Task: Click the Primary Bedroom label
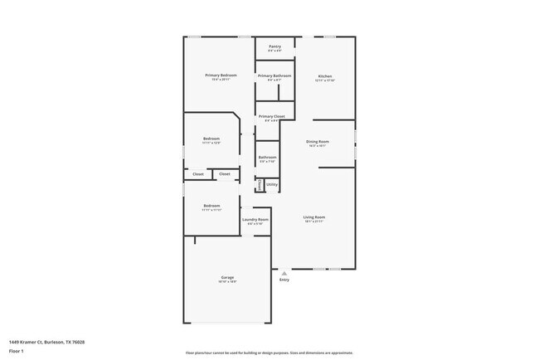(x=221, y=75)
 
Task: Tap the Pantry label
(x=274, y=46)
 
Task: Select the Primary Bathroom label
(x=274, y=75)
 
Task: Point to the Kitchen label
(x=325, y=75)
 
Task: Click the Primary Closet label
(x=271, y=116)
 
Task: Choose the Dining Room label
(x=318, y=141)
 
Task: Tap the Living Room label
(x=313, y=216)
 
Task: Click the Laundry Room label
(x=255, y=220)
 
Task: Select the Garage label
(x=227, y=277)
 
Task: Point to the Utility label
(x=272, y=184)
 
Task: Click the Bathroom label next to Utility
(x=267, y=157)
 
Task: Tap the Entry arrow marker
(x=284, y=273)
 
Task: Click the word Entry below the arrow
(x=284, y=280)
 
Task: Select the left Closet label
(x=198, y=174)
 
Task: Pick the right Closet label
(x=225, y=174)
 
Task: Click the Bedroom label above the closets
(x=211, y=139)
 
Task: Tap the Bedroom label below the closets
(x=211, y=206)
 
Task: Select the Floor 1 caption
(x=17, y=351)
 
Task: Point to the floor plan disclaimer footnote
(x=269, y=352)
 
